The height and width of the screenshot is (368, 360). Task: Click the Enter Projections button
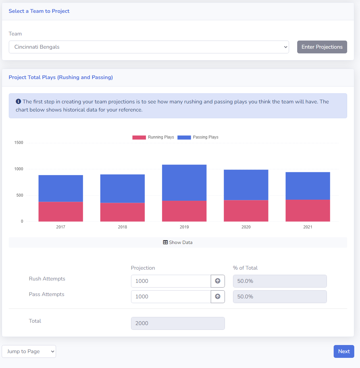pyautogui.click(x=322, y=47)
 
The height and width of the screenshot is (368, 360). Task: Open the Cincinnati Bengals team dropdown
pyautogui.click(x=149, y=47)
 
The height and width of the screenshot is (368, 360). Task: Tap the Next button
pyautogui.click(x=344, y=351)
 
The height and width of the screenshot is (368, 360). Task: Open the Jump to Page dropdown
pyautogui.click(x=29, y=351)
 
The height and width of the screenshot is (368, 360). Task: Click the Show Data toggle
pyautogui.click(x=178, y=242)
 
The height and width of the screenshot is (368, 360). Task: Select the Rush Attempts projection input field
pyautogui.click(x=171, y=281)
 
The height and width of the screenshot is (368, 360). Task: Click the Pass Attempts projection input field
pyautogui.click(x=171, y=297)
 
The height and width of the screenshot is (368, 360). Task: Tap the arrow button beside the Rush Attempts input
pyautogui.click(x=217, y=281)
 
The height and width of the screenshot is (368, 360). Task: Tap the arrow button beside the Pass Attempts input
pyautogui.click(x=217, y=297)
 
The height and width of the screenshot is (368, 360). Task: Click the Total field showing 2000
pyautogui.click(x=178, y=323)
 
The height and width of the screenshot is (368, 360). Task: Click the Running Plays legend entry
pyautogui.click(x=153, y=137)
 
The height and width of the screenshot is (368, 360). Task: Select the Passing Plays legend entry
pyautogui.click(x=198, y=137)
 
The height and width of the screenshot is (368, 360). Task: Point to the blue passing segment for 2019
pyautogui.click(x=184, y=182)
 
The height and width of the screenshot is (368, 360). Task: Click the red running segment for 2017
pyautogui.click(x=61, y=212)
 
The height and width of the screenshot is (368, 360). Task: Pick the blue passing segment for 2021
pyautogui.click(x=308, y=186)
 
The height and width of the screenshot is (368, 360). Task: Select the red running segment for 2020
pyautogui.click(x=246, y=211)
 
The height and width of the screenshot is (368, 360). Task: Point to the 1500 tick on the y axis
pyautogui.click(x=19, y=143)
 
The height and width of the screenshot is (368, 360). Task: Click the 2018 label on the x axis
pyautogui.click(x=123, y=227)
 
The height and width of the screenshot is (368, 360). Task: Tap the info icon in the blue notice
pyautogui.click(x=18, y=101)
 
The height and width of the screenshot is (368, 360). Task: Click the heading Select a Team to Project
pyautogui.click(x=39, y=11)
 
